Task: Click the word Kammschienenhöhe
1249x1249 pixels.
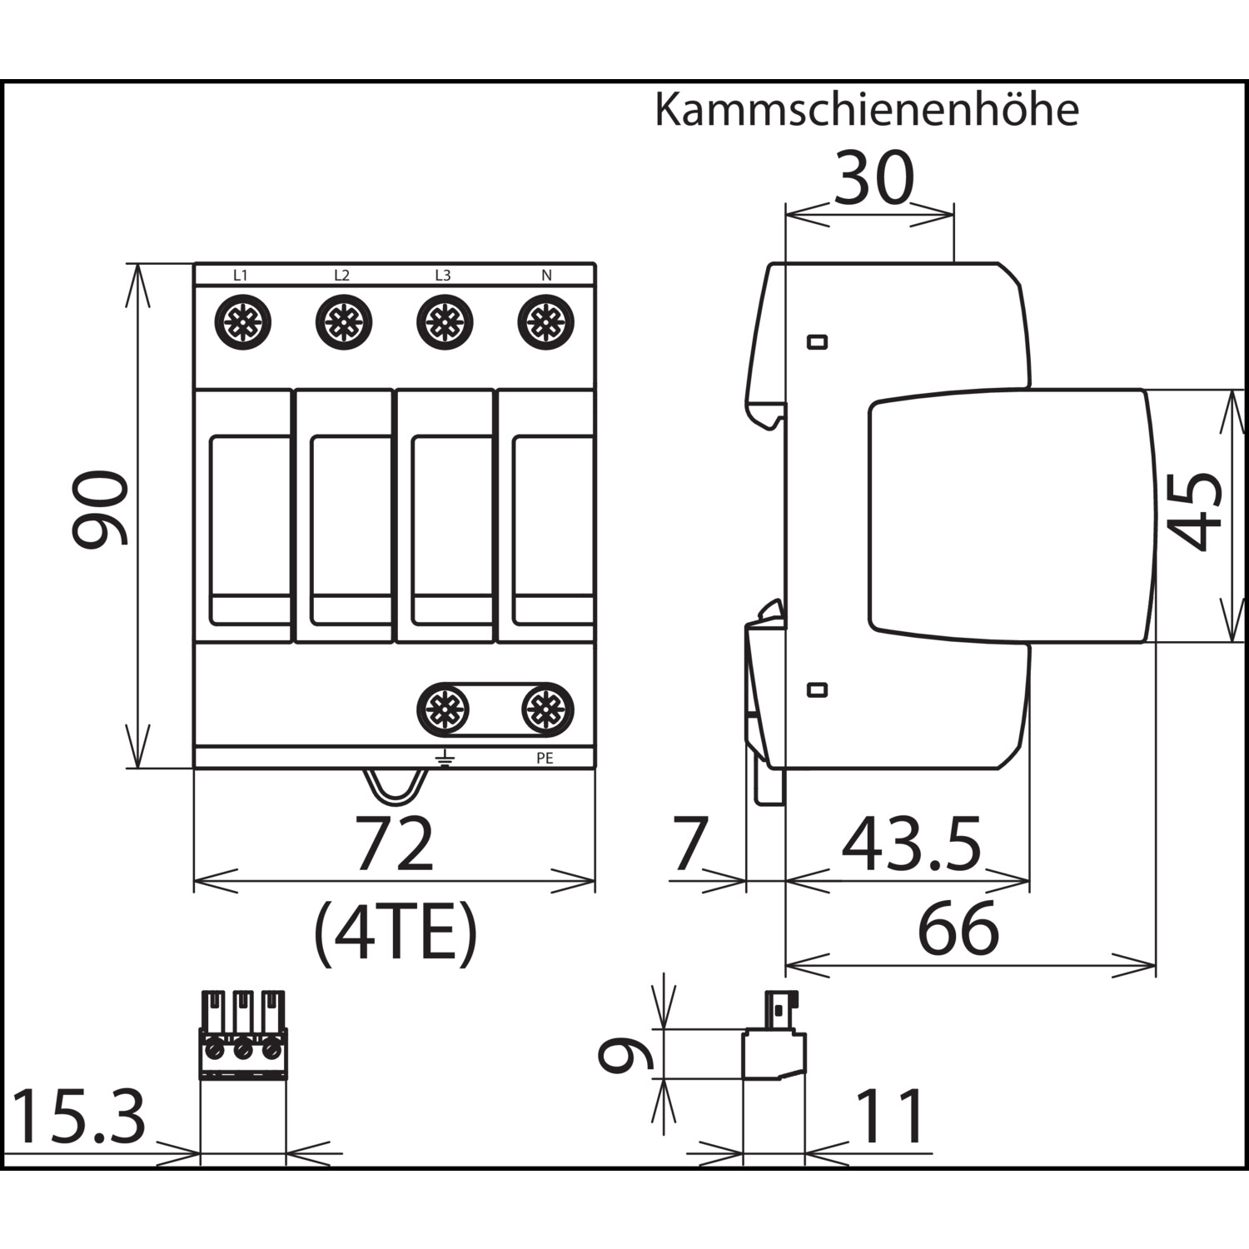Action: pos(866,110)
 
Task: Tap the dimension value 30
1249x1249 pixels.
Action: pos(873,178)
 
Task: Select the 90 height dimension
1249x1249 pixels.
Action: pos(101,509)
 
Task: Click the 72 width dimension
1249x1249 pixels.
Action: pos(395,843)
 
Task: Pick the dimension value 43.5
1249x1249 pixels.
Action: pos(912,843)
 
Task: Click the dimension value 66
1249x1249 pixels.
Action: pos(958,929)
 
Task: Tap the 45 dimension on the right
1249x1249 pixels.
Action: pos(1193,511)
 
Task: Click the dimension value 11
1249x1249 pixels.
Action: pos(889,1117)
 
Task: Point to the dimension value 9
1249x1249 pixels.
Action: pos(626,1054)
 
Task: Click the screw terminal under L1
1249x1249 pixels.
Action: pos(242,322)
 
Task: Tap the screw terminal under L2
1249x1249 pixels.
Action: pos(344,322)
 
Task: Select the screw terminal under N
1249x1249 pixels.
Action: pos(546,322)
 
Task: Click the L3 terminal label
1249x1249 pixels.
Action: pos(443,275)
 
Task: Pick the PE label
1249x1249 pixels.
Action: pos(545,759)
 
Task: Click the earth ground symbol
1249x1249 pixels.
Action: pos(445,757)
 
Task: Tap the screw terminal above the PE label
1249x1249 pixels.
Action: pos(547,709)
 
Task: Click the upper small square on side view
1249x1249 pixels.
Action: pos(818,341)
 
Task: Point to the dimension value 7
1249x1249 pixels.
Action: pos(690,843)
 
